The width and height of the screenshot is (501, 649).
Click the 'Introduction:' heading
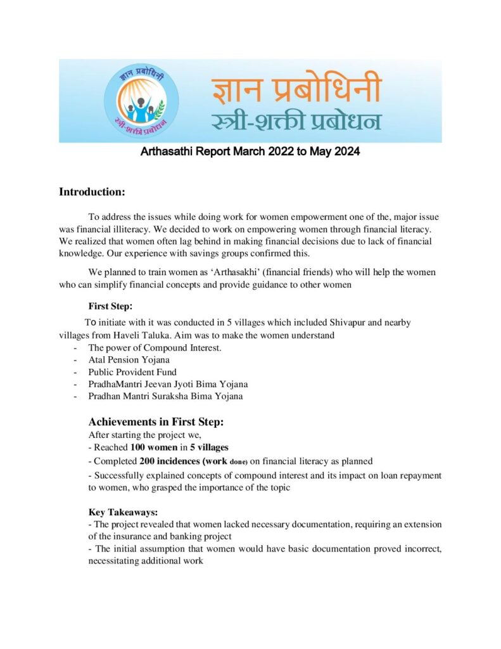pyautogui.click(x=92, y=191)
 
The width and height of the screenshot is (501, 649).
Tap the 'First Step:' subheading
pyautogui.click(x=110, y=306)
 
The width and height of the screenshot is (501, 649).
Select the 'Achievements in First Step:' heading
pyautogui.click(x=156, y=422)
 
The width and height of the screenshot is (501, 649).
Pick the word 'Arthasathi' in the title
pyautogui.click(x=167, y=152)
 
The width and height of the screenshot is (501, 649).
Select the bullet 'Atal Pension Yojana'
pyautogui.click(x=129, y=360)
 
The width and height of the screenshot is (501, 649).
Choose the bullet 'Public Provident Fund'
pyautogui.click(x=132, y=372)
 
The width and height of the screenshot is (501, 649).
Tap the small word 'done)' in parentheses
pyautogui.click(x=233, y=462)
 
